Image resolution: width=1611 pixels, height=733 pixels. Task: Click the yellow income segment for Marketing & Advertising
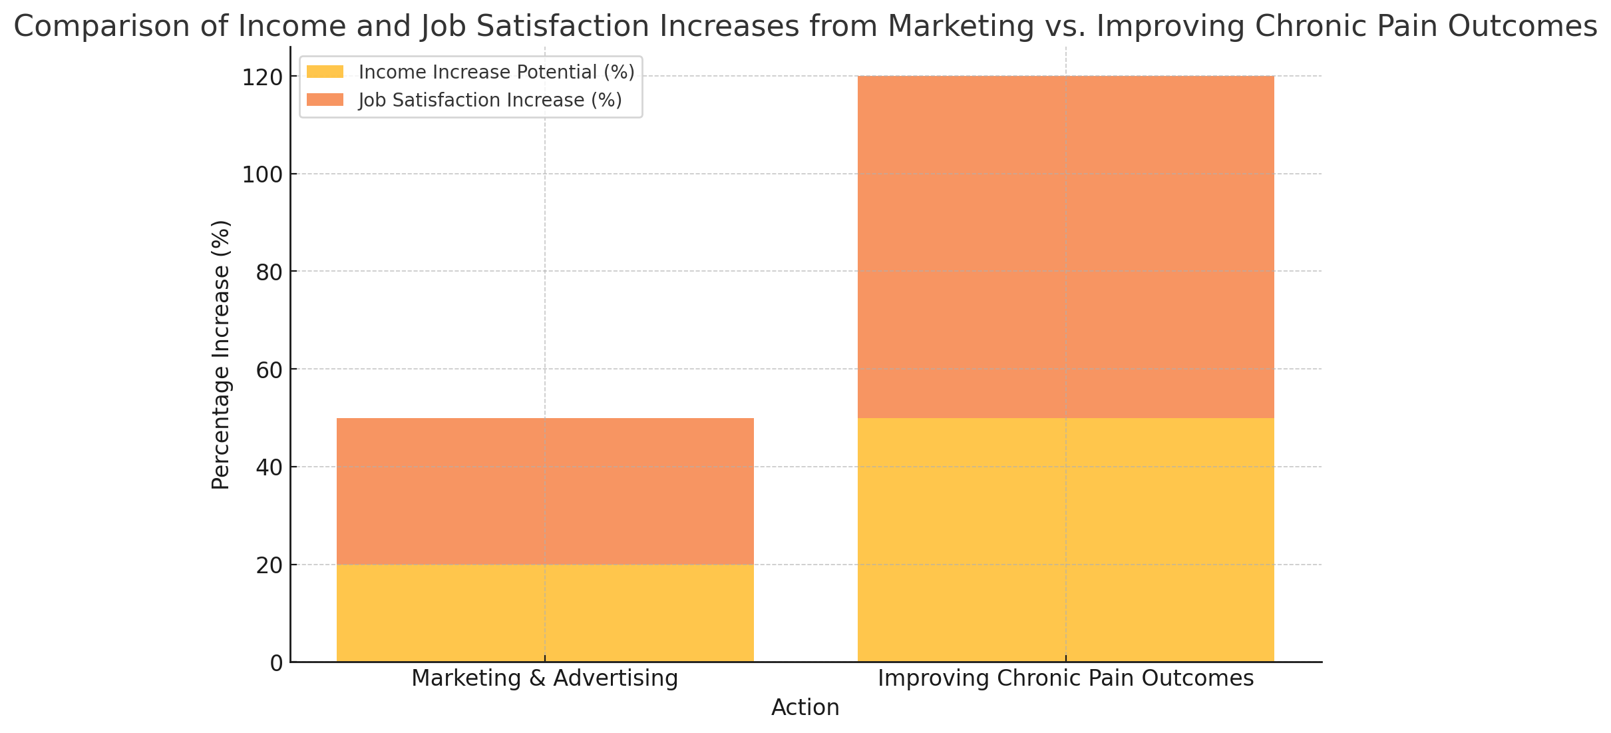(x=545, y=613)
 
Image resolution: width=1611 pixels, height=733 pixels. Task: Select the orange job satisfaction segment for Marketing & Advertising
(x=545, y=491)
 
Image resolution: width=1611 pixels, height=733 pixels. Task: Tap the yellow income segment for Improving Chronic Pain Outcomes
(x=1065, y=540)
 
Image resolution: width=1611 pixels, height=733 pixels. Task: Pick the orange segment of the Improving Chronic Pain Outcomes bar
(x=1065, y=247)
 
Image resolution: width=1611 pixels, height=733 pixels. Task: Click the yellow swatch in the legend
(x=325, y=72)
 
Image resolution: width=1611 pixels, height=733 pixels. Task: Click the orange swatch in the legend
(x=325, y=100)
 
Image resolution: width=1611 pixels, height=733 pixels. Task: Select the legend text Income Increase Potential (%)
(x=496, y=72)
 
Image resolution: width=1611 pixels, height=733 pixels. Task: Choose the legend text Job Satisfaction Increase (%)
(x=490, y=100)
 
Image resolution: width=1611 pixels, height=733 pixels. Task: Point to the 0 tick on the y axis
(x=276, y=663)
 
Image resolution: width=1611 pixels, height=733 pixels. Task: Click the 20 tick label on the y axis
(x=269, y=565)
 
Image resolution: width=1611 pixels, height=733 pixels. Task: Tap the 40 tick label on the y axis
(x=269, y=467)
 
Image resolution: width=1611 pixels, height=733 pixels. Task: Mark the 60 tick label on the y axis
(x=269, y=369)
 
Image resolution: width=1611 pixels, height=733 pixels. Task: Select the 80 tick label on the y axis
(x=269, y=272)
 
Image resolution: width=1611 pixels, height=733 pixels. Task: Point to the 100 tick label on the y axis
(x=262, y=174)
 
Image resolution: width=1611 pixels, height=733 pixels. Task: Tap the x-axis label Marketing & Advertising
(x=545, y=678)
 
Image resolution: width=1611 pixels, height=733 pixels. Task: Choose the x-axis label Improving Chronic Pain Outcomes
(x=1065, y=678)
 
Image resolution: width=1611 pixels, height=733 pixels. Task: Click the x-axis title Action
(x=805, y=708)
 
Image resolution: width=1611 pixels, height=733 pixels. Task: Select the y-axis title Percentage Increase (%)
(x=221, y=355)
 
